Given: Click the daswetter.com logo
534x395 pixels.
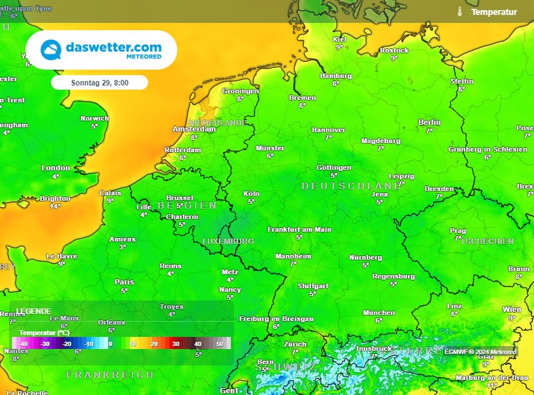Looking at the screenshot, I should tap(101, 50).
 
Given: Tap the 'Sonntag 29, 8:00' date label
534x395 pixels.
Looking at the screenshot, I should tap(100, 82).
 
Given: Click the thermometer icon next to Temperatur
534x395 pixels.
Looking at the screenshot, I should tap(459, 11).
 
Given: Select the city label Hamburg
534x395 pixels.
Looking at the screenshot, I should tap(336, 76).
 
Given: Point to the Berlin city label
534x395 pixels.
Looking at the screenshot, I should tap(429, 122).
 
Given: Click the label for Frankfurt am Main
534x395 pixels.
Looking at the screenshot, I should tap(299, 230).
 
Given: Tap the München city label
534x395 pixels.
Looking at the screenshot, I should tap(379, 313).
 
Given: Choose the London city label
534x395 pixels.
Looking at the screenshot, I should tap(55, 168).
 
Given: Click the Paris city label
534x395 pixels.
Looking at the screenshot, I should tap(124, 282).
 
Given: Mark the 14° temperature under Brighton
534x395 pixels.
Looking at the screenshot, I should tap(55, 206).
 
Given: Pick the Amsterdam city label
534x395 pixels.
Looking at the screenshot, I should tap(194, 129).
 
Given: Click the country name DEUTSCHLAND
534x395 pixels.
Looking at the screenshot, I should tap(351, 186).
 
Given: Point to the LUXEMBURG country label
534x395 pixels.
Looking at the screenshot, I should tap(228, 241).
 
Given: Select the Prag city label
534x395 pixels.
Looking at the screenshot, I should tap(458, 231).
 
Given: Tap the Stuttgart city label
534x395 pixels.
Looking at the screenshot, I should tap(313, 286).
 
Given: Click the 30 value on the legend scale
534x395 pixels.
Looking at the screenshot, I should tap(176, 344).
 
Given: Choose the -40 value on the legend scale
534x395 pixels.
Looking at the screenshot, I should tap(22, 344).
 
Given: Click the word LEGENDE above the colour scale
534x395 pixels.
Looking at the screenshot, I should tap(33, 311).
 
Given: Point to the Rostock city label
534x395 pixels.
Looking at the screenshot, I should tap(394, 51).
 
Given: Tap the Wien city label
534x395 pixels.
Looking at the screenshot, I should tap(512, 310).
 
